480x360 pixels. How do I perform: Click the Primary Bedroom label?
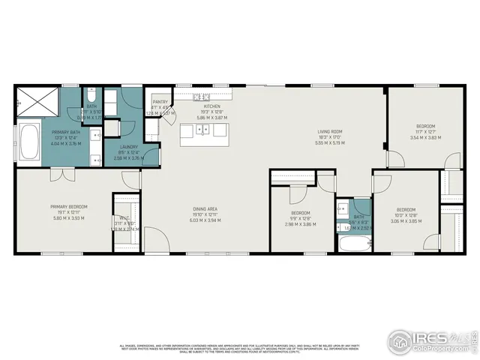[69, 206]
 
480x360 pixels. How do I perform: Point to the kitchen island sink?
[202, 131]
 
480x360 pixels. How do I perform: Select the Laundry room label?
[127, 147]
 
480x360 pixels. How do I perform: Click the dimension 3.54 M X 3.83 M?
[425, 138]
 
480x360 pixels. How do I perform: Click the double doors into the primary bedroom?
[58, 175]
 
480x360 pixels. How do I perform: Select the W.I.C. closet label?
[124, 220]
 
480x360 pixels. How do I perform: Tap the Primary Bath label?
[65, 131]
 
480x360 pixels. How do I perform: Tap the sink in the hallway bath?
[342, 208]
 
